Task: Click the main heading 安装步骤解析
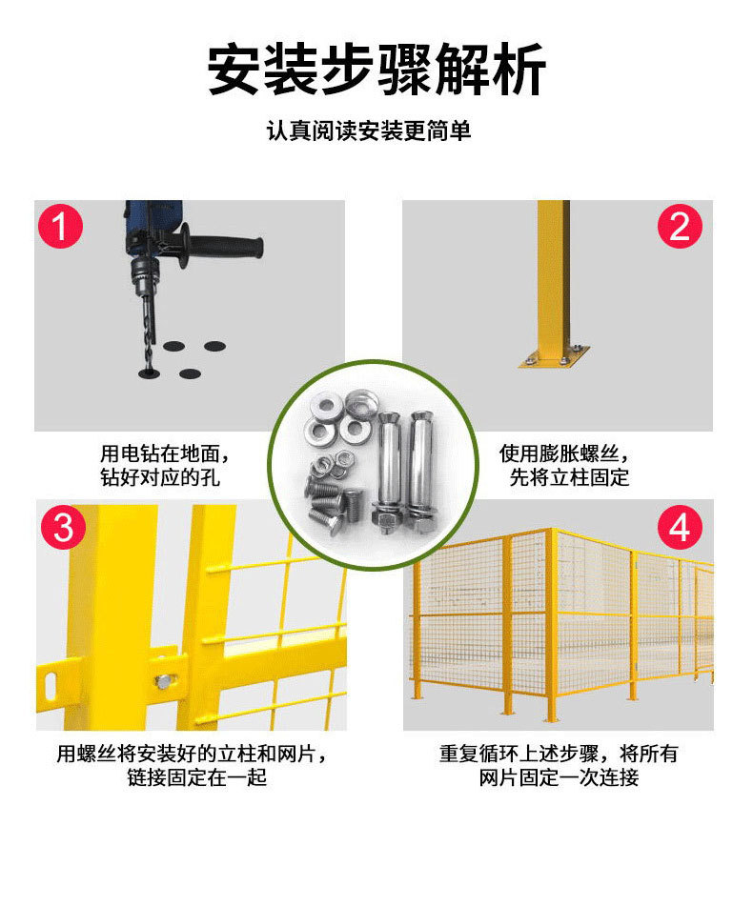[x=376, y=70]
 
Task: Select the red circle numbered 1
[x=60, y=228]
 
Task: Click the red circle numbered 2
[x=679, y=228]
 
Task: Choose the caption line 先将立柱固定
[x=569, y=477]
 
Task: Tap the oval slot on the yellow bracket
[x=50, y=681]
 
